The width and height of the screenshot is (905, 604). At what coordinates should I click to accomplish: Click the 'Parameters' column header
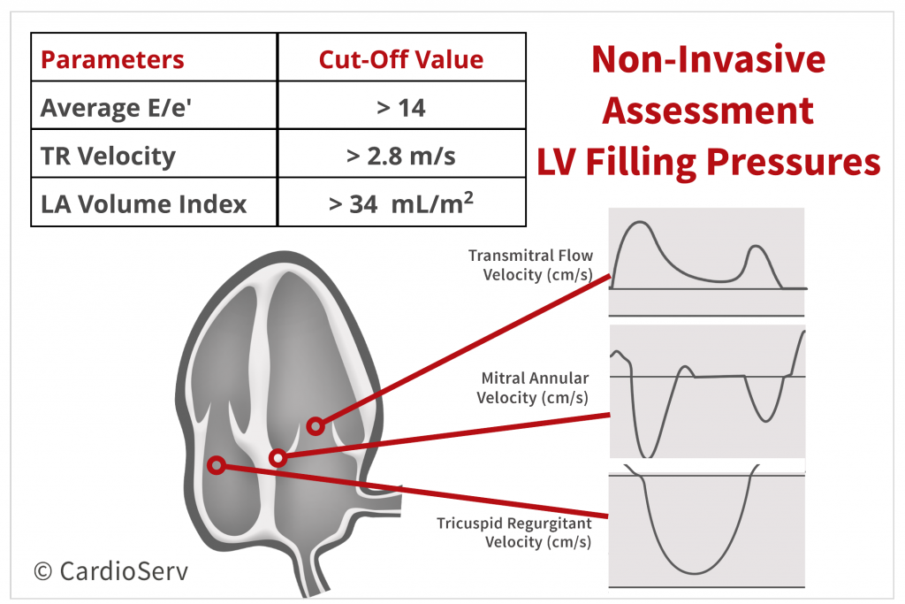pos(112,59)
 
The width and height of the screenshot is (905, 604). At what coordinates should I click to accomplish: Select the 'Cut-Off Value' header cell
pos(401,59)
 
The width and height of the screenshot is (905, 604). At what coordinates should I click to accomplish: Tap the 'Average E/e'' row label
pos(116,108)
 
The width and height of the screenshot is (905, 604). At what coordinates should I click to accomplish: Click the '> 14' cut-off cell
pos(401,108)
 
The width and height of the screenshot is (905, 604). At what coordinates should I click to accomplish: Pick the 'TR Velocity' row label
pos(108,156)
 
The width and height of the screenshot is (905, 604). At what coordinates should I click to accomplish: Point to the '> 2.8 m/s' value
pos(401,156)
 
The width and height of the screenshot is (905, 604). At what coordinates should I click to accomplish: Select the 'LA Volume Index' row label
pos(144,203)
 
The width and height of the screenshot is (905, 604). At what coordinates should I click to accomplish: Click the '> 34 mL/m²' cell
pos(401,203)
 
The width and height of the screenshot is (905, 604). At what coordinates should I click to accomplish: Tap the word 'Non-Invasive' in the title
pos(709,59)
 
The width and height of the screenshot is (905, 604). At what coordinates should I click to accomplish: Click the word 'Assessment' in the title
pos(708,111)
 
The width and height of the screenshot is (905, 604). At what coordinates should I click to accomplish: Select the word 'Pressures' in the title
pos(794,162)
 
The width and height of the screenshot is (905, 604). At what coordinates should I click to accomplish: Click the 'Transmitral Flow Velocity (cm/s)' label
pos(531,265)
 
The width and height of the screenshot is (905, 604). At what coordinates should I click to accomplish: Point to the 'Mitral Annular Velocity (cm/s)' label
pos(533,387)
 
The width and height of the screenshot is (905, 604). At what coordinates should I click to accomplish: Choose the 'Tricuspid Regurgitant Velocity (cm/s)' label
pos(514,532)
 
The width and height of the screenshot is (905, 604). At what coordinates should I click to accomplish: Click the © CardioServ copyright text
pos(110,571)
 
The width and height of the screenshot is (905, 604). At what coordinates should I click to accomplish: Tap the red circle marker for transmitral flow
pos(316,426)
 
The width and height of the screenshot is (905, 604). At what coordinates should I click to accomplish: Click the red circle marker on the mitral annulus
pos(278,458)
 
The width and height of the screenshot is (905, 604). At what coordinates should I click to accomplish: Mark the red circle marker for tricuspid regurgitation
pos(217,465)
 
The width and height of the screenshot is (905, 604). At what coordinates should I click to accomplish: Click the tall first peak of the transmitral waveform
pos(638,222)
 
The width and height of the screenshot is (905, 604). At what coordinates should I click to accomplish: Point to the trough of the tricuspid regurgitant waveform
pos(695,573)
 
